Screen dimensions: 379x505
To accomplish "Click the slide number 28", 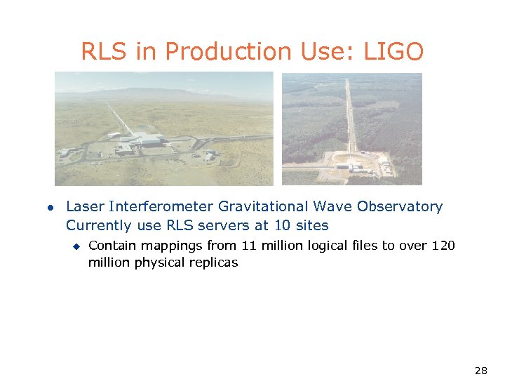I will coord(480,370).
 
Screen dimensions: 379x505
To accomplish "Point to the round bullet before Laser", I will coord(50,207).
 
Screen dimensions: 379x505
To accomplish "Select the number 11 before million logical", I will coord(248,245).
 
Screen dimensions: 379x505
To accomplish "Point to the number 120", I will coord(443,245).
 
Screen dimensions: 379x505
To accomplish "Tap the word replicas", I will coord(213,262).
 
